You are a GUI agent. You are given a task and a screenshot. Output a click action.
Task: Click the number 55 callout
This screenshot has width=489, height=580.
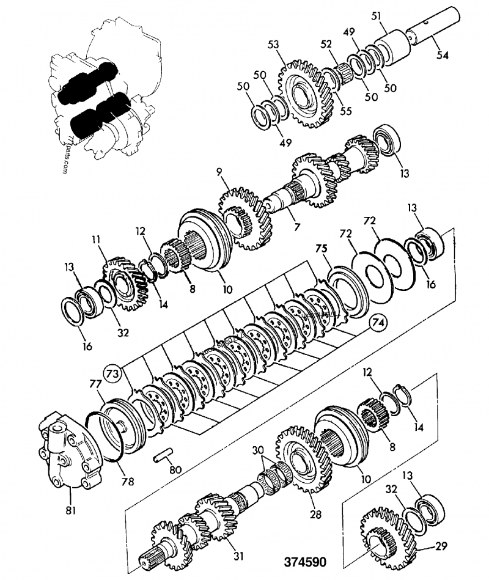tap(346, 112)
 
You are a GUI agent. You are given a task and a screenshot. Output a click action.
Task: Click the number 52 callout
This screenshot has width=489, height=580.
tap(326, 44)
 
